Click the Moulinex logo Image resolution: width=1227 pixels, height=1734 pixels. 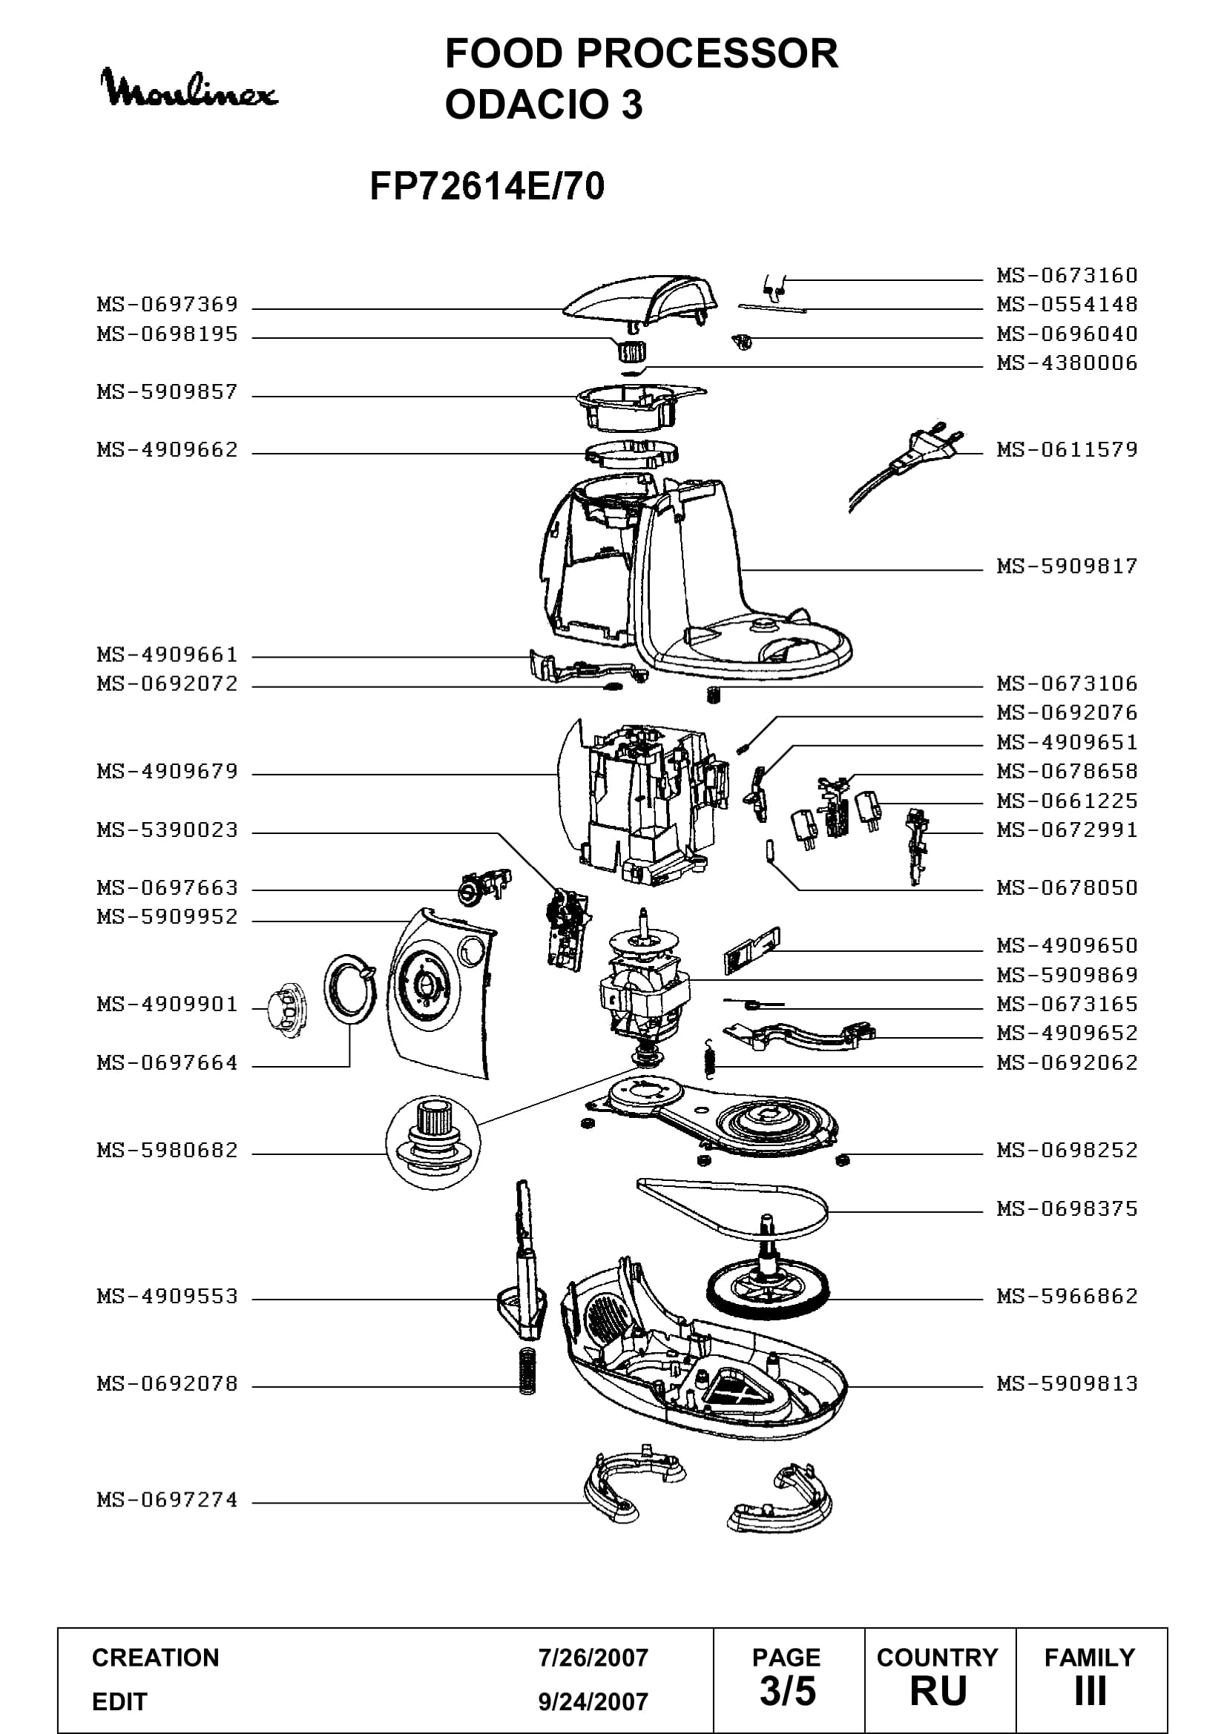tap(190, 89)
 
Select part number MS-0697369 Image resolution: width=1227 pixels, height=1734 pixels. tap(168, 305)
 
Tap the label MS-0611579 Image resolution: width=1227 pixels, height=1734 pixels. tap(1067, 450)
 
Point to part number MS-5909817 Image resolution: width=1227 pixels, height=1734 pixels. tap(1067, 566)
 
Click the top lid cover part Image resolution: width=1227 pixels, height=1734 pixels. tap(639, 299)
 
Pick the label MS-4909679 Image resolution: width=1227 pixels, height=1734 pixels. tap(168, 772)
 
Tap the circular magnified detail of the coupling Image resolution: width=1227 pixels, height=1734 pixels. tap(433, 1142)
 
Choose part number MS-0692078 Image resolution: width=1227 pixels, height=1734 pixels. tap(168, 1384)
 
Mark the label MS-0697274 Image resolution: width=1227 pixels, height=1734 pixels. tap(168, 1500)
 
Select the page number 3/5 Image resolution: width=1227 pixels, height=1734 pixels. tap(788, 1692)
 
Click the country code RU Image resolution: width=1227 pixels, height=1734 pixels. tap(938, 1692)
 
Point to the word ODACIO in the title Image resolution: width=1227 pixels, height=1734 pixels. tap(527, 105)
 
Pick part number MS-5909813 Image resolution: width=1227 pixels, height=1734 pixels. tap(1067, 1384)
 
